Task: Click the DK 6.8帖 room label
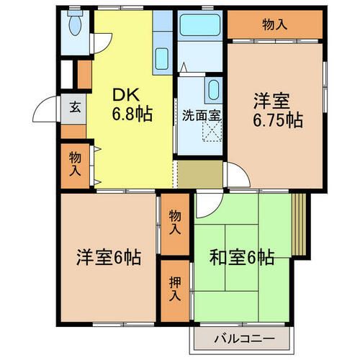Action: tap(130, 104)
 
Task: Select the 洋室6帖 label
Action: tap(109, 256)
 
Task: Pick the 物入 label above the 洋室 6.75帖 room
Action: tap(276, 24)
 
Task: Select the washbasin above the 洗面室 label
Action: tap(214, 91)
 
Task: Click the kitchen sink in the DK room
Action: tap(161, 58)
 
